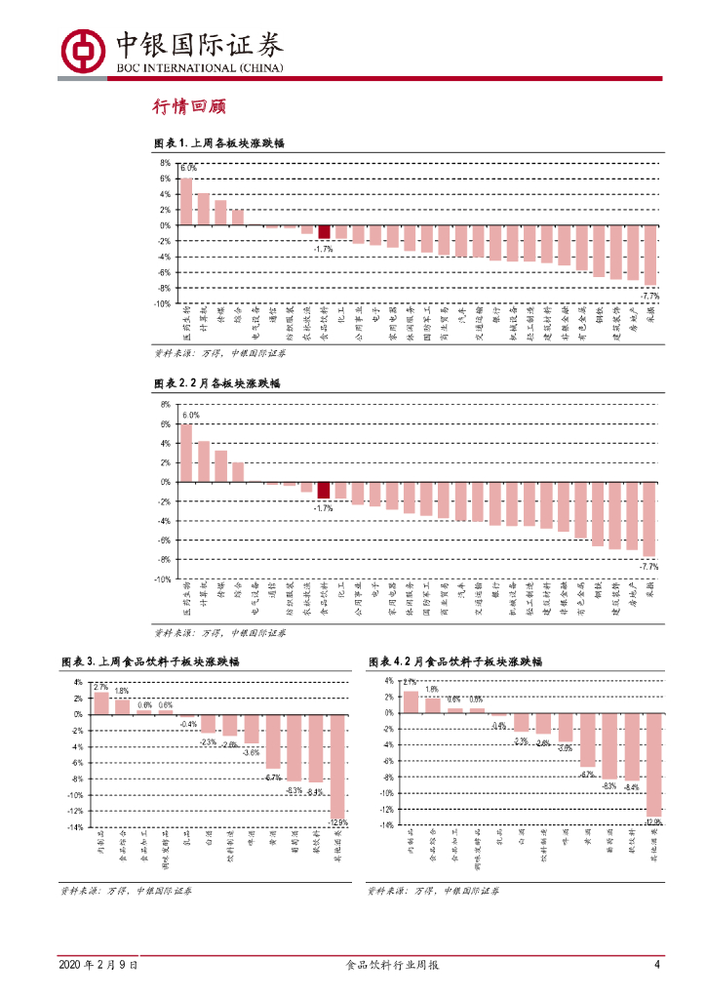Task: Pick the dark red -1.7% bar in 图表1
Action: (x=324, y=232)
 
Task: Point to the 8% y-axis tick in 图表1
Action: (x=165, y=163)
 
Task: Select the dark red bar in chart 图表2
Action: (x=324, y=490)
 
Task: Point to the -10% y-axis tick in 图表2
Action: (x=163, y=579)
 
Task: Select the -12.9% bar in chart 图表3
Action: (x=338, y=766)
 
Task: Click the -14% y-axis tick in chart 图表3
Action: (x=74, y=826)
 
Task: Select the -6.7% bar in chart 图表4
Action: (x=587, y=739)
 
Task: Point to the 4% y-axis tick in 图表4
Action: (x=388, y=681)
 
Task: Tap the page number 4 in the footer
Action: (x=657, y=965)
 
